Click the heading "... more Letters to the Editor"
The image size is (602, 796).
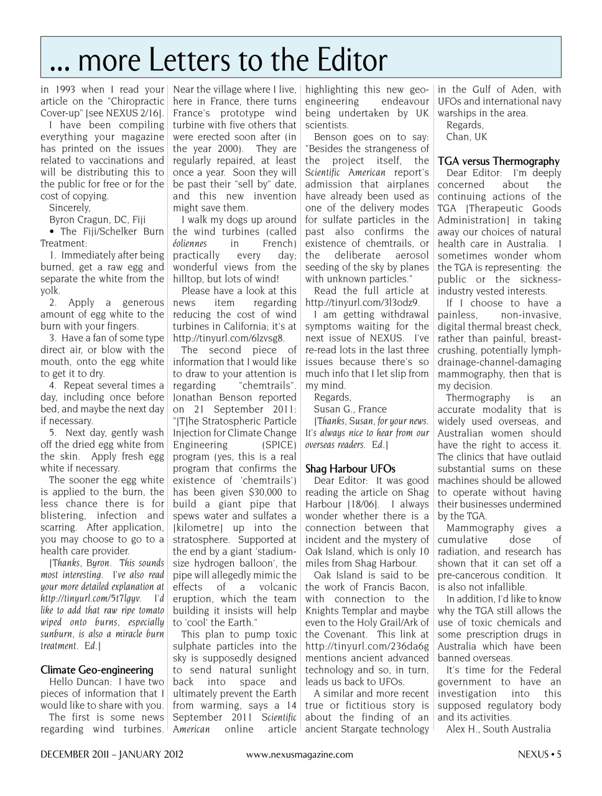click(218, 60)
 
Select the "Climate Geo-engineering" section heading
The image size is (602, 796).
click(96, 670)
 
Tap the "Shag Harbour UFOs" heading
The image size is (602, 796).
click(350, 469)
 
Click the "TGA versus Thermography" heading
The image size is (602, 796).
click(498, 161)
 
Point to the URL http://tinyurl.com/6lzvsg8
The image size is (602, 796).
click(228, 338)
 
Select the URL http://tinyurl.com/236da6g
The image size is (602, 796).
click(367, 646)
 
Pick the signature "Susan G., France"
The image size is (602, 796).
click(350, 409)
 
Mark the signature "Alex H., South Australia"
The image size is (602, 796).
click(498, 729)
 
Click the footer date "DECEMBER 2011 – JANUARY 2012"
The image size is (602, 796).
click(112, 755)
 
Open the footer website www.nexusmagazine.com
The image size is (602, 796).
click(299, 755)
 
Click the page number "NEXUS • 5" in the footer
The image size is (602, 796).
click(539, 755)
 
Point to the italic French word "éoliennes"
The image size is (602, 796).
click(190, 244)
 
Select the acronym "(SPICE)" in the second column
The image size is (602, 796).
click(279, 445)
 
